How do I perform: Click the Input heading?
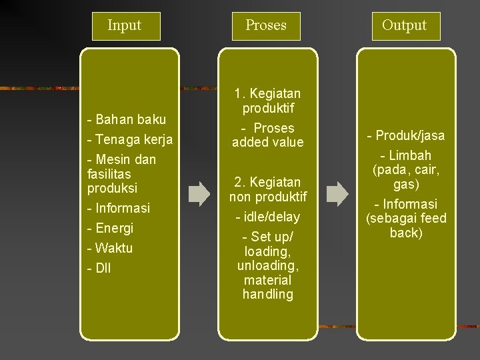pyautogui.click(x=124, y=25)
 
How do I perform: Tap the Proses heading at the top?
pyautogui.click(x=265, y=25)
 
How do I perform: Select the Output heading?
pyautogui.click(x=404, y=25)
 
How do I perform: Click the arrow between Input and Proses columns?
pyautogui.click(x=199, y=194)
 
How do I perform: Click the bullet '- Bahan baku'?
pyautogui.click(x=127, y=120)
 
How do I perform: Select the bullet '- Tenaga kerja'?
pyautogui.click(x=130, y=140)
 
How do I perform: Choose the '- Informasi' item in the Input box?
pyautogui.click(x=119, y=207)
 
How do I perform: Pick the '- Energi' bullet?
pyautogui.click(x=111, y=228)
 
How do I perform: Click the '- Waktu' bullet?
pyautogui.click(x=110, y=248)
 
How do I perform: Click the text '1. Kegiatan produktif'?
pyautogui.click(x=268, y=101)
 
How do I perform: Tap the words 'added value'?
pyautogui.click(x=268, y=142)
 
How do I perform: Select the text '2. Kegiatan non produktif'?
pyautogui.click(x=268, y=189)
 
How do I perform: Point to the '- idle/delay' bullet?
pyautogui.click(x=268, y=217)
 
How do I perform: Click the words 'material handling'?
pyautogui.click(x=268, y=287)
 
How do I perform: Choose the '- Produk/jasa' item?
pyautogui.click(x=406, y=136)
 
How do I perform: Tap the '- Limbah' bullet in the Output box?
pyautogui.click(x=405, y=155)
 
